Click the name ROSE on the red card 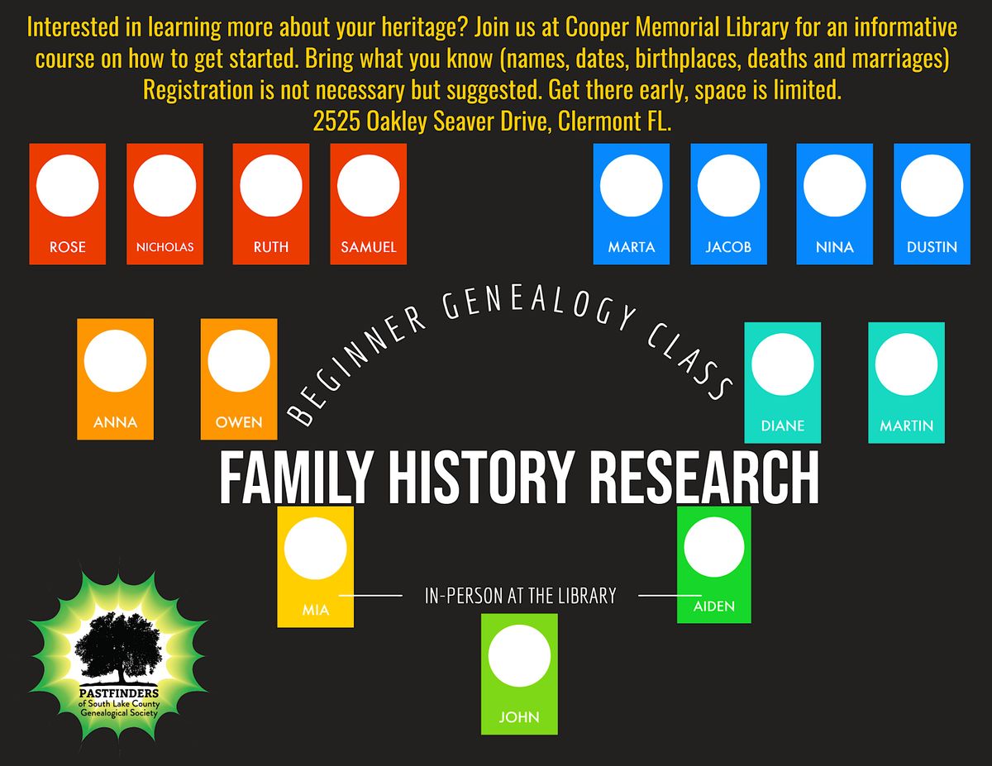[x=67, y=247]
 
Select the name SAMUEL [x=368, y=247]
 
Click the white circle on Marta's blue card [x=631, y=186]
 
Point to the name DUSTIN [x=932, y=247]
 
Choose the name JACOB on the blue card [x=728, y=247]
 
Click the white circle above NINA [x=834, y=186]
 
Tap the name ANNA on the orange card [x=115, y=422]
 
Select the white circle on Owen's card [x=239, y=361]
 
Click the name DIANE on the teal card [x=782, y=426]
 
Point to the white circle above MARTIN [x=906, y=364]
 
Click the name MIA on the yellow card [x=315, y=611]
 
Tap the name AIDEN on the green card [x=714, y=607]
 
